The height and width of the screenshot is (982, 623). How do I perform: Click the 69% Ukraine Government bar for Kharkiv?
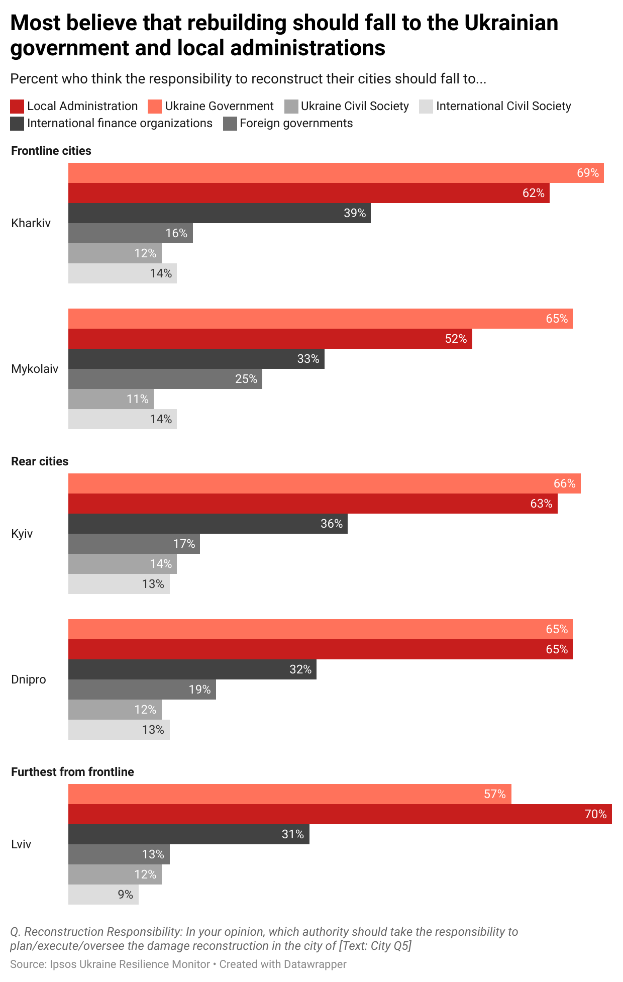pos(336,173)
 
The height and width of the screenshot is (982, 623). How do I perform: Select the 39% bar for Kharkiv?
pos(219,213)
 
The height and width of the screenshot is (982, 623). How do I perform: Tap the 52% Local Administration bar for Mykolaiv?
pos(270,339)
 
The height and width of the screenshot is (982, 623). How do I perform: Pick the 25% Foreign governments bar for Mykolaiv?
pos(165,379)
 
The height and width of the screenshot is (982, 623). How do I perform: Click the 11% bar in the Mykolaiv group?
pos(111,399)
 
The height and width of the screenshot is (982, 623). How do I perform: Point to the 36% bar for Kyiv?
pos(207,524)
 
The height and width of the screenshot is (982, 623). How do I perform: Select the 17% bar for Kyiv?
pos(134,544)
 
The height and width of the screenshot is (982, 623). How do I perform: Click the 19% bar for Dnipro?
pos(142,690)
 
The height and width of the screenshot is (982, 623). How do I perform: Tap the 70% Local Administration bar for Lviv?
pos(340,814)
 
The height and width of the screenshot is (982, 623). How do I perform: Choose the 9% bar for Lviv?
pos(103,895)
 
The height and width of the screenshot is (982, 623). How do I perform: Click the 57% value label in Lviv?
pos(494,794)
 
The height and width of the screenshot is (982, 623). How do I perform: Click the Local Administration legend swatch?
pos(17,107)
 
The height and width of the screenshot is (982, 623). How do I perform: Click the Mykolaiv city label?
pos(35,369)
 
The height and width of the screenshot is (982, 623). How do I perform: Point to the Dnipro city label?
pos(29,679)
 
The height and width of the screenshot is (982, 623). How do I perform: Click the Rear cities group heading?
pos(40,461)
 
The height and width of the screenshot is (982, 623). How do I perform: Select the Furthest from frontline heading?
pos(72,772)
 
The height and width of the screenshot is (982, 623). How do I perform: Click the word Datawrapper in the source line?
pos(315,964)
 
